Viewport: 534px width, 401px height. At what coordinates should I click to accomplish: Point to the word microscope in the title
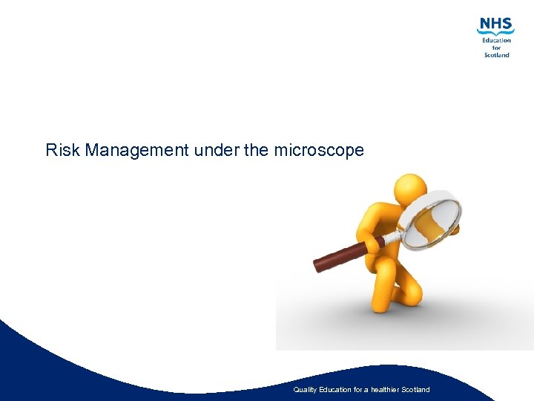tap(319, 151)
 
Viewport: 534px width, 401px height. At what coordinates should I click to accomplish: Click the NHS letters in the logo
tap(495, 25)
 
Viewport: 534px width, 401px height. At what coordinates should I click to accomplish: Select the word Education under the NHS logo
tap(497, 40)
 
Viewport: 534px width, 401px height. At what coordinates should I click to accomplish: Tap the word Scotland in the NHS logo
tap(497, 55)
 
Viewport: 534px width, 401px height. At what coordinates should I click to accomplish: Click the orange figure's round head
tap(409, 192)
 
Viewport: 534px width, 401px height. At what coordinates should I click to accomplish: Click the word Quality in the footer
tap(305, 390)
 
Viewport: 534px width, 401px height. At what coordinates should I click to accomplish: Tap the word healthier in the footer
tap(381, 390)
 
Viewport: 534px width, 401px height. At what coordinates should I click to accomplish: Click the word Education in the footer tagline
tap(333, 390)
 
